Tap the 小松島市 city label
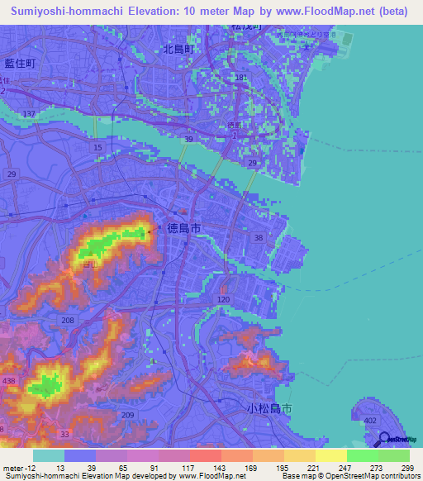269,408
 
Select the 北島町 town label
178,49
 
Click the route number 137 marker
31,112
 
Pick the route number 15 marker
97,147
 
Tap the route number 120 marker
223,299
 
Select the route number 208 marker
68,319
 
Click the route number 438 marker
9,379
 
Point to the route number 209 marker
127,414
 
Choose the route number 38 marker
259,237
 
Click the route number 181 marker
241,78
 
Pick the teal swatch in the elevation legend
49,455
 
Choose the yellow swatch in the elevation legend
331,455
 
